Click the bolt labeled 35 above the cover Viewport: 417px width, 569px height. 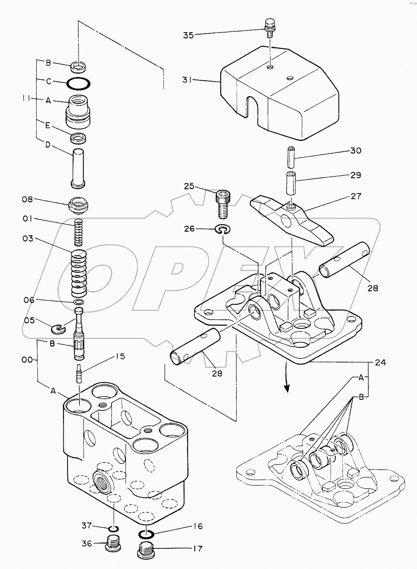[270, 28]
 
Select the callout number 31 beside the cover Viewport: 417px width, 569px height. [187, 80]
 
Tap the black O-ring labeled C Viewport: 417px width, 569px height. [79, 83]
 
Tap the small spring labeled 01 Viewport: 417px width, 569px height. [79, 232]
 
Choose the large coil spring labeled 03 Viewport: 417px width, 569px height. [79, 273]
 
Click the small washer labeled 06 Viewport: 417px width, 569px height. [79, 302]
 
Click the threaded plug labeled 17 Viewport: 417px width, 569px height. [147, 550]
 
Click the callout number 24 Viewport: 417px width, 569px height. [380, 362]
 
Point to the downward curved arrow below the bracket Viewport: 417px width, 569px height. [286, 377]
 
